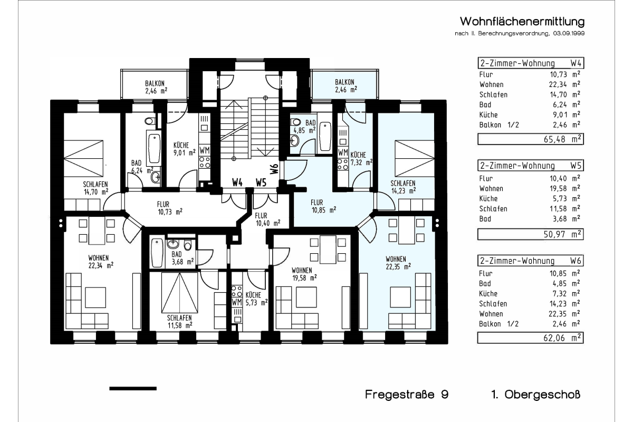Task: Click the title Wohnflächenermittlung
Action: [x=522, y=22]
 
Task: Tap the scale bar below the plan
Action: [x=133, y=389]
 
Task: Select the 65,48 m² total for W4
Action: [x=531, y=139]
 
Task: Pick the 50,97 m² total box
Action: [x=531, y=234]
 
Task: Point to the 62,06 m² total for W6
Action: [x=531, y=338]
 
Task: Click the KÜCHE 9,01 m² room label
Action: [x=184, y=149]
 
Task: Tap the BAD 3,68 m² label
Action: [x=183, y=258]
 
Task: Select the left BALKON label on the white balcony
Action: [x=156, y=87]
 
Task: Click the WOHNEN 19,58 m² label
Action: [x=304, y=274]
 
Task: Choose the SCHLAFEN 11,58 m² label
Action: [x=180, y=322]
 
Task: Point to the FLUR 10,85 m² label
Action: [x=323, y=206]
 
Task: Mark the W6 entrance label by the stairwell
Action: [x=274, y=169]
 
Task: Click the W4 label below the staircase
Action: [x=237, y=183]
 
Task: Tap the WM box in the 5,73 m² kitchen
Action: [x=237, y=302]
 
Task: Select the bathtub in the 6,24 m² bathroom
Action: [x=154, y=148]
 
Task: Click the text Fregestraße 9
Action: [x=407, y=394]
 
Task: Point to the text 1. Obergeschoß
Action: [x=536, y=395]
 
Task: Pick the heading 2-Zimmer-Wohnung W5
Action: [x=531, y=165]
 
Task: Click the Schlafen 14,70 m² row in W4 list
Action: [x=530, y=94]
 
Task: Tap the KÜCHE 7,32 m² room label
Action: [x=361, y=159]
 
